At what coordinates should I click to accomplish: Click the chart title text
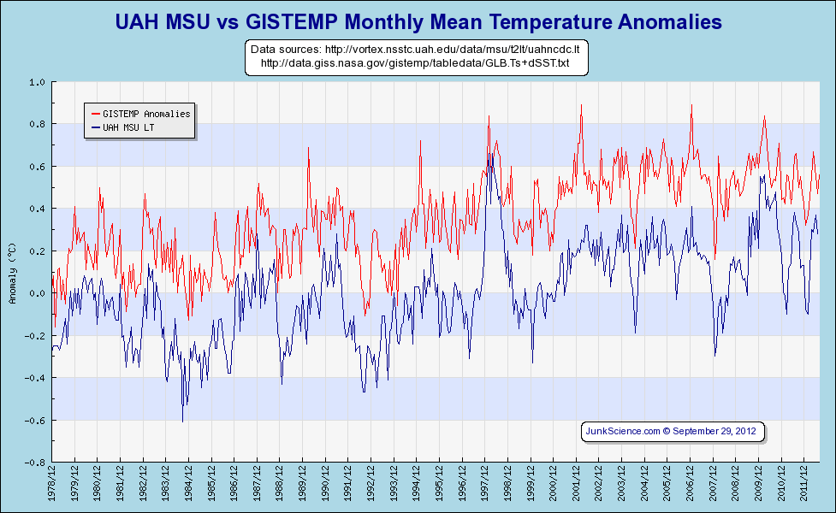click(x=418, y=21)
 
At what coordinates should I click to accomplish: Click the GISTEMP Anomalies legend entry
click(x=146, y=114)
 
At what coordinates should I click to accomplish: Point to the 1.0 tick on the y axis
click(x=37, y=83)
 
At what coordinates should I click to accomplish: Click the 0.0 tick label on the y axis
click(x=37, y=294)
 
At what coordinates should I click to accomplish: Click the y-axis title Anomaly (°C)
click(x=12, y=273)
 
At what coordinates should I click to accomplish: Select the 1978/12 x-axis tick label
click(x=53, y=484)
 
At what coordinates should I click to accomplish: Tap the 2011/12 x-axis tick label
click(x=804, y=484)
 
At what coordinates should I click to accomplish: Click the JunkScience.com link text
click(x=622, y=431)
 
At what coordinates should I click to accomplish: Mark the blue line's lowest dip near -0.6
click(x=182, y=421)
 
